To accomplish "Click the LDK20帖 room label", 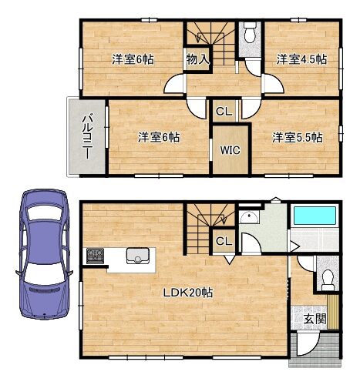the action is tap(188, 293).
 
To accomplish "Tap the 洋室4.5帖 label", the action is tap(301, 59).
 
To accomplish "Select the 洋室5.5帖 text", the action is tap(298, 138).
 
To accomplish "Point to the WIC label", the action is tap(230, 150).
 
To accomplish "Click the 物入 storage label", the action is tap(197, 59).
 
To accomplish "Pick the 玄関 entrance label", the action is tap(315, 319).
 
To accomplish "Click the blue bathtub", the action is tap(315, 216).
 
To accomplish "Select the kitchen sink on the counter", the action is tap(138, 256).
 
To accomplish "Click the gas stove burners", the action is tap(95, 256).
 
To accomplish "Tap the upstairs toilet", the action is tap(250, 32).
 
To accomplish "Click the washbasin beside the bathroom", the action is tap(249, 218).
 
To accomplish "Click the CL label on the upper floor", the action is tap(224, 112).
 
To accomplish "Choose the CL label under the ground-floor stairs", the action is tap(224, 241).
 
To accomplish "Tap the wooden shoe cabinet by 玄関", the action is tap(333, 312).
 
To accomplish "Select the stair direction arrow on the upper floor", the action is tap(198, 38).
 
